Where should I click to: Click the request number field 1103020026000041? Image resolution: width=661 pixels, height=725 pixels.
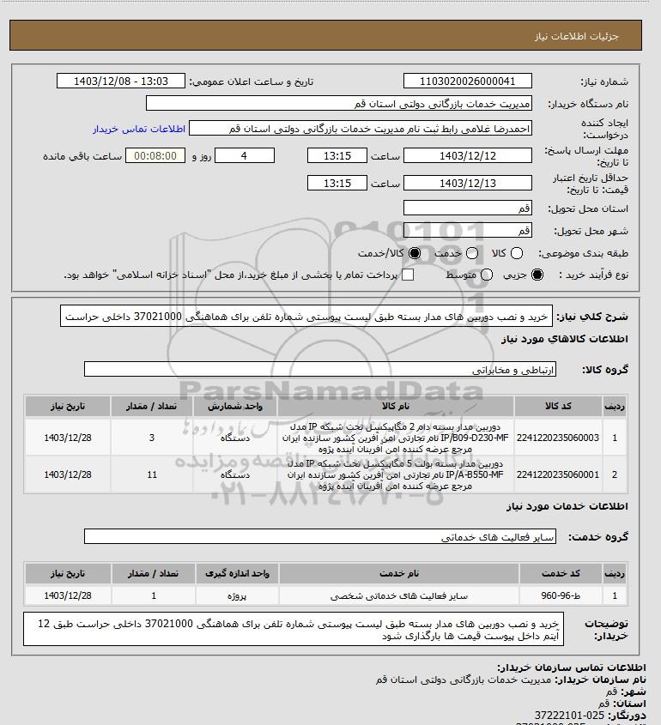click(467, 82)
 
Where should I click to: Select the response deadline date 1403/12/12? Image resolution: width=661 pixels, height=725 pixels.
click(467, 155)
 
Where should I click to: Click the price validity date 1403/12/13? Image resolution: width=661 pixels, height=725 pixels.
click(467, 183)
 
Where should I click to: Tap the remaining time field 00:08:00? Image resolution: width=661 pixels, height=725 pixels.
click(155, 155)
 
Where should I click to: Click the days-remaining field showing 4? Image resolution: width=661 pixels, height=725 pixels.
click(244, 155)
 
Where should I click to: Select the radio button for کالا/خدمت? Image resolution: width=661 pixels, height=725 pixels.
click(416, 254)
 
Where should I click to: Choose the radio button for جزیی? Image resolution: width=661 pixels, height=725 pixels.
click(538, 275)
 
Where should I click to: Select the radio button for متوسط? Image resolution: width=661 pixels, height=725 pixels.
click(487, 275)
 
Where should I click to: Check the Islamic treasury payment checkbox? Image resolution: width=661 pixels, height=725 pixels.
click(408, 275)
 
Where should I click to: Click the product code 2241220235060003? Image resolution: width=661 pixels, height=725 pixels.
click(558, 438)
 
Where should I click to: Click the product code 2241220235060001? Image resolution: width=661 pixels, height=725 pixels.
click(558, 474)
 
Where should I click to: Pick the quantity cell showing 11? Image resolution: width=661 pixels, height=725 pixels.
click(152, 474)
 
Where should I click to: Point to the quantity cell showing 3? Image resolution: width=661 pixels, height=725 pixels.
click(152, 438)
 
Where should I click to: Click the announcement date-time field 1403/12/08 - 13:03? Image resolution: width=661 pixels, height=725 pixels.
click(121, 82)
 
